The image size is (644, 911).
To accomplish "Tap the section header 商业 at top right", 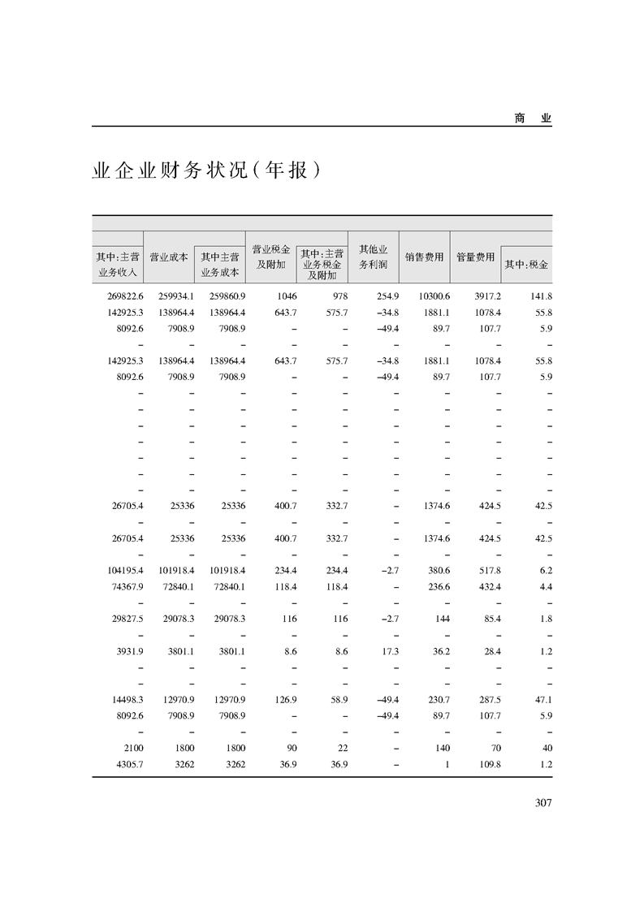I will point(533,118).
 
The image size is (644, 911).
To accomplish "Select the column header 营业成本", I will point(169,257).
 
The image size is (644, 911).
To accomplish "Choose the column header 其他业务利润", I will point(373,257).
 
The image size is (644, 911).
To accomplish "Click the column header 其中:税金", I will point(527,265).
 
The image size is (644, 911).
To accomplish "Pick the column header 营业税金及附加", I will point(271,257).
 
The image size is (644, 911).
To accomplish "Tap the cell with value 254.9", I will point(383,297).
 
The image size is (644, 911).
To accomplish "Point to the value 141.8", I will point(539,297).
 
